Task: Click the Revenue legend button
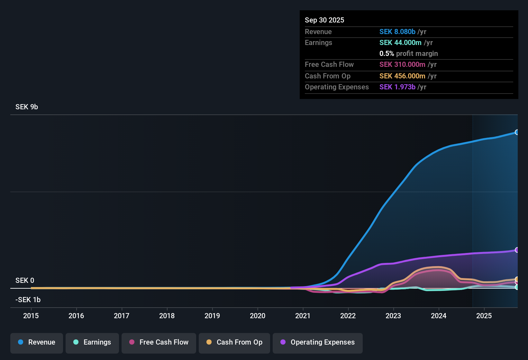tap(37, 342)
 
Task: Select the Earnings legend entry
tap(92, 342)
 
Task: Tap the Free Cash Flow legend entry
tap(159, 342)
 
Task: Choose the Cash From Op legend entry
tap(234, 342)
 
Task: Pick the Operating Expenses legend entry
tap(318, 342)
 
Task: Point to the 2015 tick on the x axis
tap(31, 316)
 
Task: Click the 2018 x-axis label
tap(167, 316)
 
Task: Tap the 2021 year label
tap(303, 316)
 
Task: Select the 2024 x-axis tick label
tap(439, 316)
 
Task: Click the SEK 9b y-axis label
tap(27, 107)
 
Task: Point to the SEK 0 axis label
tap(25, 281)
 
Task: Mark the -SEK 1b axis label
tap(28, 300)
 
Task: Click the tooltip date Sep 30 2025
tap(324, 20)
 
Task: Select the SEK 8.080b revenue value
tap(397, 32)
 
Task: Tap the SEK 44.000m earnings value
tap(400, 43)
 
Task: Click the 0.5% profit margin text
tap(408, 54)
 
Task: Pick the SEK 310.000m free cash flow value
tap(402, 65)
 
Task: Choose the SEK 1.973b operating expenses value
tap(397, 87)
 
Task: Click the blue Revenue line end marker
tap(517, 132)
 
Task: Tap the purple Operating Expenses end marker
tap(517, 250)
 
